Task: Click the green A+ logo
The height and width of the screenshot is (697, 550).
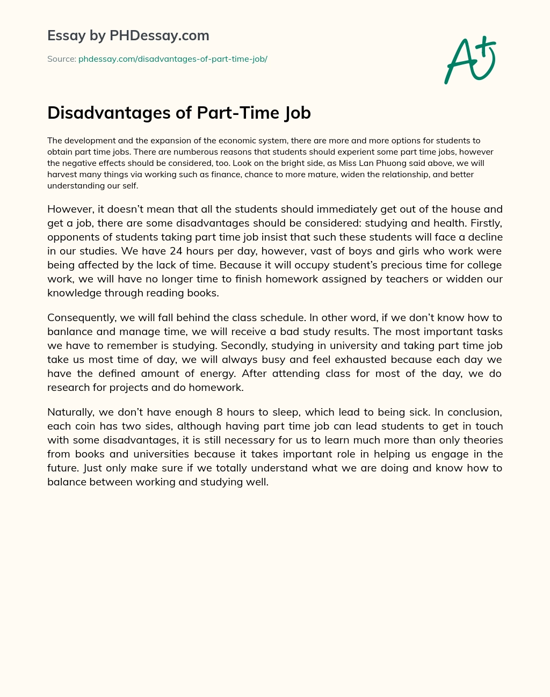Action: click(469, 60)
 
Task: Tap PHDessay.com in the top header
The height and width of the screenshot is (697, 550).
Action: click(159, 36)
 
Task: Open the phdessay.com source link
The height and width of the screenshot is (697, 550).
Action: click(172, 59)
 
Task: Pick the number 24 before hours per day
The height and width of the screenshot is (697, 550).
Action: click(177, 251)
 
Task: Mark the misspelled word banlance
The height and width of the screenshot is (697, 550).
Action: click(70, 331)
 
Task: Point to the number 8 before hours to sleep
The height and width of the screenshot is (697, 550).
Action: click(219, 412)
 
